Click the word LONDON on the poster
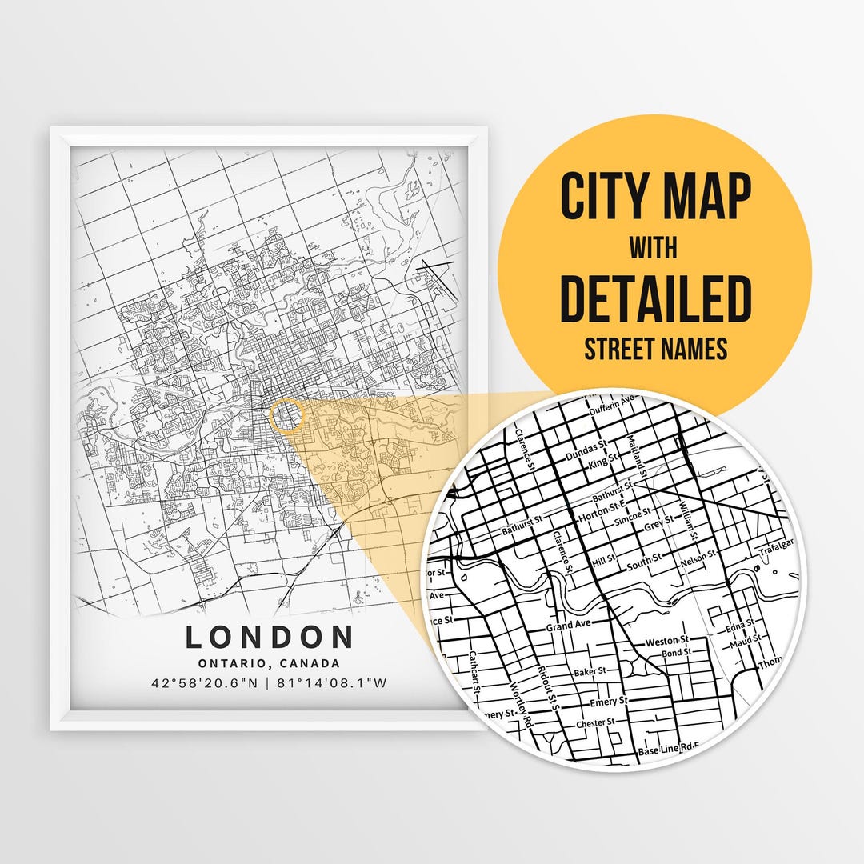tap(270, 638)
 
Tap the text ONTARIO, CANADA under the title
tap(270, 663)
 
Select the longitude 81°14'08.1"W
tap(332, 683)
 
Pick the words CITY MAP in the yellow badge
tap(655, 196)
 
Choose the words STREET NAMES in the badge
tap(655, 349)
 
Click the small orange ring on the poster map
tap(288, 416)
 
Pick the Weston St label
tap(666, 642)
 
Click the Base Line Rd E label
tap(668, 751)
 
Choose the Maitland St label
tap(637, 452)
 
